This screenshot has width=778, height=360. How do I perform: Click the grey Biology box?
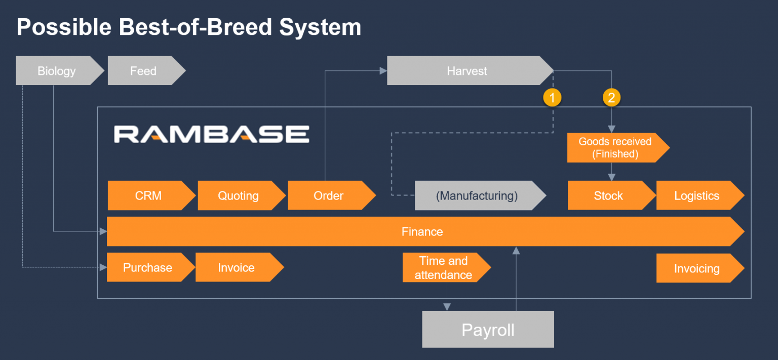[x=57, y=71]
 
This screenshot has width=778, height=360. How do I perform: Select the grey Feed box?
[x=143, y=71]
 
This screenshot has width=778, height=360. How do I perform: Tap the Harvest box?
[x=466, y=71]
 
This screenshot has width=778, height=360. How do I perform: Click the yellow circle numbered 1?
[x=552, y=97]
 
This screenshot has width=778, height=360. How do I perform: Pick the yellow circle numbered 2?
[x=611, y=97]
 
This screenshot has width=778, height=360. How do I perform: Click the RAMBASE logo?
[x=211, y=134]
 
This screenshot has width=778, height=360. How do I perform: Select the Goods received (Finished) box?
[x=615, y=148]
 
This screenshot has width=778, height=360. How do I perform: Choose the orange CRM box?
[x=148, y=195]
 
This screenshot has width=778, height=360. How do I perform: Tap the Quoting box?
[x=238, y=195]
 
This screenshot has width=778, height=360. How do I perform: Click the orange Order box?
[x=328, y=195]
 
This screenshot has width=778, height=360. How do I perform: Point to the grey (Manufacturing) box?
[x=477, y=195]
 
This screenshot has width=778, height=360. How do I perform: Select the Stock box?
[x=608, y=195]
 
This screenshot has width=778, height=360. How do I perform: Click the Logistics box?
[x=696, y=195]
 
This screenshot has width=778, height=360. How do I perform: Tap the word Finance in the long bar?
[x=422, y=231]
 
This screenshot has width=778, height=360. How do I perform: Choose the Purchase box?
[x=147, y=267]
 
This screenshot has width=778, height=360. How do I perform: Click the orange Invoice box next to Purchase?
[x=236, y=267]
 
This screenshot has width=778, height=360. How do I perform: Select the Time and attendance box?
[x=443, y=268]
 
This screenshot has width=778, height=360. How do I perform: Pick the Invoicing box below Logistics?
[x=696, y=268]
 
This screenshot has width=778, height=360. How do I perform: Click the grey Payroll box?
[x=488, y=330]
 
